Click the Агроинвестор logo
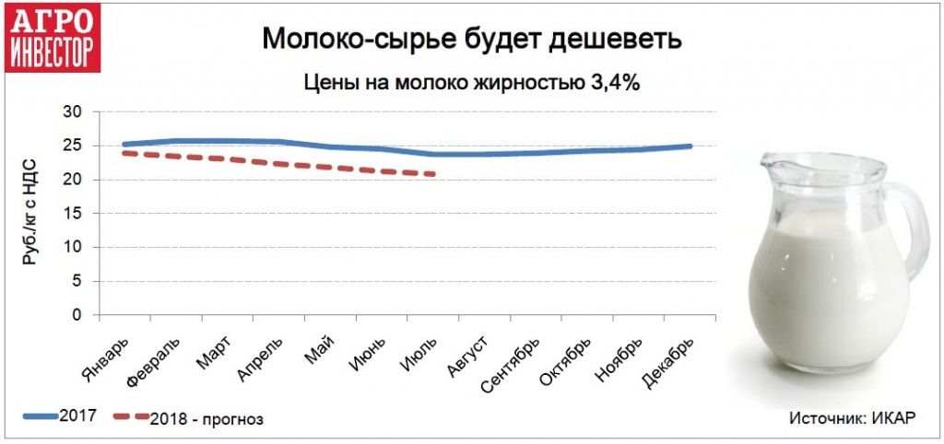pyautogui.click(x=53, y=39)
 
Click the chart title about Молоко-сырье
pyautogui.click(x=471, y=40)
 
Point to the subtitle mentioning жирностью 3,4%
pyautogui.click(x=471, y=82)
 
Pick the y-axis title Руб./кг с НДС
pyautogui.click(x=30, y=213)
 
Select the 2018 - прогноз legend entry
pyautogui.click(x=189, y=418)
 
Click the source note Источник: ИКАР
pyautogui.click(x=851, y=417)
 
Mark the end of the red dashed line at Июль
pyautogui.click(x=433, y=174)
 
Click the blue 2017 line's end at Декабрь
pyautogui.click(x=690, y=146)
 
